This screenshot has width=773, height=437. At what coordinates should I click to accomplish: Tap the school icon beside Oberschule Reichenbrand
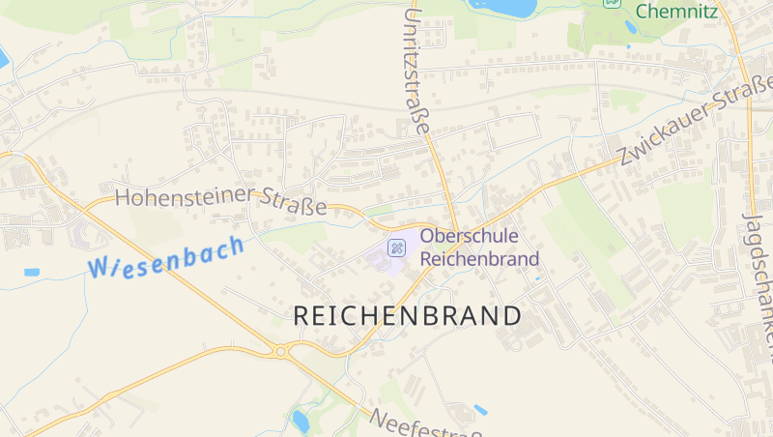pyautogui.click(x=396, y=248)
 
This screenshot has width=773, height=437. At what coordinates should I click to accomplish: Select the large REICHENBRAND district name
pyautogui.click(x=407, y=316)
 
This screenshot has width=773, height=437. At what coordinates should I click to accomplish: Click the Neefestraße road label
pyautogui.click(x=426, y=422)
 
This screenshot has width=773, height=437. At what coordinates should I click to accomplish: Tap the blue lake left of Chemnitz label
pyautogui.click(x=501, y=7)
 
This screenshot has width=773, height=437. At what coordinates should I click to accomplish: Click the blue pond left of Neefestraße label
pyautogui.click(x=301, y=420)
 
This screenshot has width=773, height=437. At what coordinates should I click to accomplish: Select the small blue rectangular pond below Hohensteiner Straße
pyautogui.click(x=32, y=273)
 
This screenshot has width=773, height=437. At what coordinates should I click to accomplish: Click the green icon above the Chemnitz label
pyautogui.click(x=612, y=2)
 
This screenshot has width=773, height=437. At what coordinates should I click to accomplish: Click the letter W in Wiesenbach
pyautogui.click(x=99, y=268)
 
